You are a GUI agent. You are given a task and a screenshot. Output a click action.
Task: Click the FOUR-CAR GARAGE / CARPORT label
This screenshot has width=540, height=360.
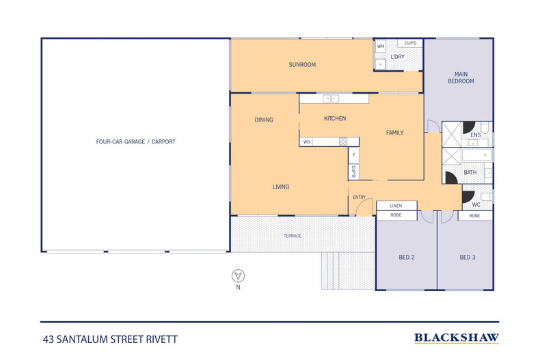(135, 142)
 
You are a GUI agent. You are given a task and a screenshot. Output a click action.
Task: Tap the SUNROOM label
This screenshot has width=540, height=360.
(301, 65)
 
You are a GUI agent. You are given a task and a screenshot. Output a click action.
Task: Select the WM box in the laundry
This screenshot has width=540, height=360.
(381, 46)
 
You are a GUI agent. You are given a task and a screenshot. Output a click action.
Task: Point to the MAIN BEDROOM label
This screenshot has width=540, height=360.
(460, 77)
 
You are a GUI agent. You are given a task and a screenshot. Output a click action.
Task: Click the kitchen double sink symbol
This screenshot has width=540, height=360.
(331, 99)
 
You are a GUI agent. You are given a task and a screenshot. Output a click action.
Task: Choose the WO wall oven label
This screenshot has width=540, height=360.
(307, 142)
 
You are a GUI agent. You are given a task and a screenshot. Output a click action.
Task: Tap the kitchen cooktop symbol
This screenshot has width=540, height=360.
(343, 142)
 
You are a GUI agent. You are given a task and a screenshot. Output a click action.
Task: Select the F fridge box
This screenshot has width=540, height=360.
(353, 155)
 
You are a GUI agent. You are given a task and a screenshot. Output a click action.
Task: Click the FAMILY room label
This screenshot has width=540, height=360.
(394, 132)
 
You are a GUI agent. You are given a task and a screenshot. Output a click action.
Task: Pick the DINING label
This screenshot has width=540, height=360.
(264, 120)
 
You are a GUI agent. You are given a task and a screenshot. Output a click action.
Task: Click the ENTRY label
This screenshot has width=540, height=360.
(359, 197)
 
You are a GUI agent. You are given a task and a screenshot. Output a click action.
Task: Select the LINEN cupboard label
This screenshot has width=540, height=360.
(396, 205)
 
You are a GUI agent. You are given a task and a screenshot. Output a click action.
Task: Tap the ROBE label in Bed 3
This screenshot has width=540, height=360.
(474, 215)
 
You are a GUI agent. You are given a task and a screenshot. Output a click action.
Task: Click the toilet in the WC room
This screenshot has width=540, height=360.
(485, 197)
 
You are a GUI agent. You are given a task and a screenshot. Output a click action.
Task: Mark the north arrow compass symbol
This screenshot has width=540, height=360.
(238, 276)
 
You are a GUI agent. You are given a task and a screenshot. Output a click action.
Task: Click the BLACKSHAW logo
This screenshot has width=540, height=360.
(457, 337)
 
